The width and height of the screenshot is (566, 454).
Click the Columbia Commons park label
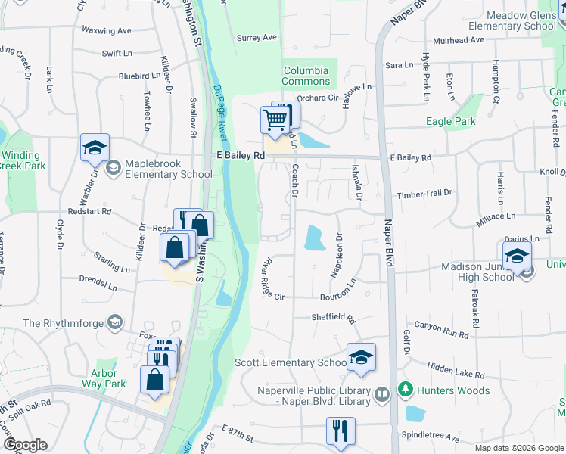click(306, 76)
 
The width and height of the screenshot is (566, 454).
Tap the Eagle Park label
click(450, 121)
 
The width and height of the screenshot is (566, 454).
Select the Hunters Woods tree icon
click(406, 390)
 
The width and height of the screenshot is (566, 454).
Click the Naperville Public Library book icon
click(383, 394)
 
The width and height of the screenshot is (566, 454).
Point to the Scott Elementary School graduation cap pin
click(361, 357)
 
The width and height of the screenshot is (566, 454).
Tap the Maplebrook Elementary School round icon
click(114, 167)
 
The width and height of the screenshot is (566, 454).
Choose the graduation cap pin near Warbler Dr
click(95, 148)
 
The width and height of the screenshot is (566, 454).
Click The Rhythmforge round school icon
click(114, 322)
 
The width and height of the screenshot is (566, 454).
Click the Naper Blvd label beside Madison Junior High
click(390, 242)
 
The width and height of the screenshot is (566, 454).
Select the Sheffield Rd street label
click(333, 318)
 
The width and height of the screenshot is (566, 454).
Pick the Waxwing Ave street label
click(107, 31)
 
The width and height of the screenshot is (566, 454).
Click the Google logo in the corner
click(25, 445)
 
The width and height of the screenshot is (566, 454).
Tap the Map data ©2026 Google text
click(519, 448)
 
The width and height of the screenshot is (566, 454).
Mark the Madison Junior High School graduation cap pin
click(517, 257)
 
